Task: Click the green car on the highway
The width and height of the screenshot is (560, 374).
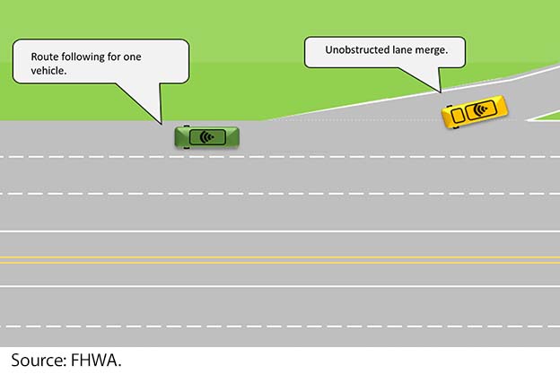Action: click(206, 137)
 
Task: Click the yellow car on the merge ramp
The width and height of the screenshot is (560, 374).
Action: click(475, 111)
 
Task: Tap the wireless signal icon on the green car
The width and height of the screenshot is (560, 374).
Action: click(206, 137)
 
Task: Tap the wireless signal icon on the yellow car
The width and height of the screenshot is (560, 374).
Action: click(481, 109)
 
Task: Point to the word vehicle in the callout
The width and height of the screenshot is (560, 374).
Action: click(48, 71)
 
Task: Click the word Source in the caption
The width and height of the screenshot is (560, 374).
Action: click(38, 360)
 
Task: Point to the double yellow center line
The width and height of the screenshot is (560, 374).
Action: click(280, 260)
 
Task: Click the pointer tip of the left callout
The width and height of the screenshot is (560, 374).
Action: click(162, 124)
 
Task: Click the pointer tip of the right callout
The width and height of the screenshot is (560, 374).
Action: click(441, 92)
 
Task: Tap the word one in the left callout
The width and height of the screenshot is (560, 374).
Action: click(132, 57)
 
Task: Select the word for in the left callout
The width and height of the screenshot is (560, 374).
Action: click(114, 57)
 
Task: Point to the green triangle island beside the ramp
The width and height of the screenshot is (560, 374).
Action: click(546, 117)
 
